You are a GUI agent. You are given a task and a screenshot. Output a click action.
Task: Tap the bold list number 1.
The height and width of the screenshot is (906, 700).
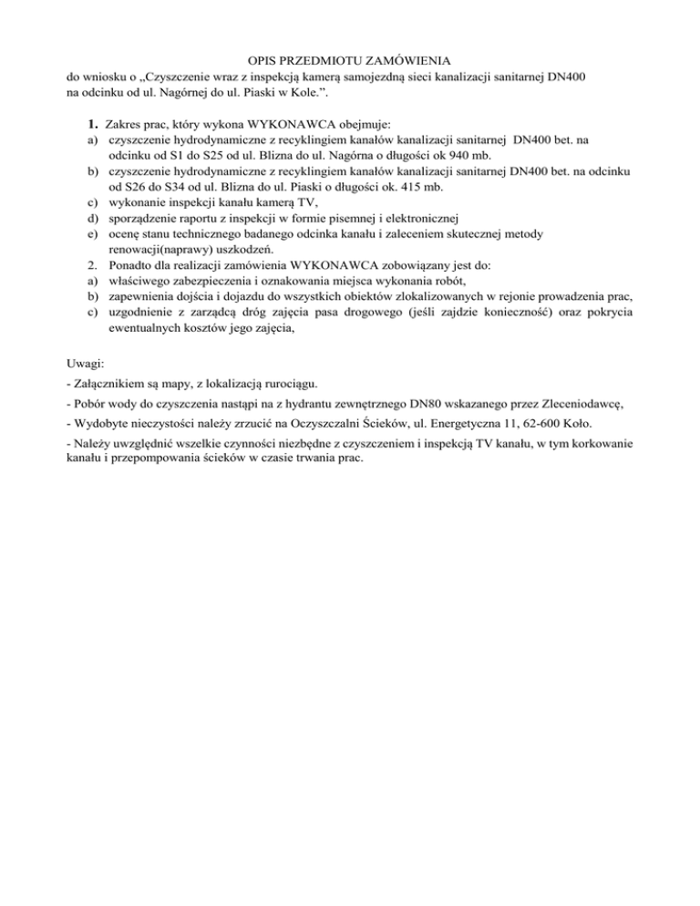tap(93, 123)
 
